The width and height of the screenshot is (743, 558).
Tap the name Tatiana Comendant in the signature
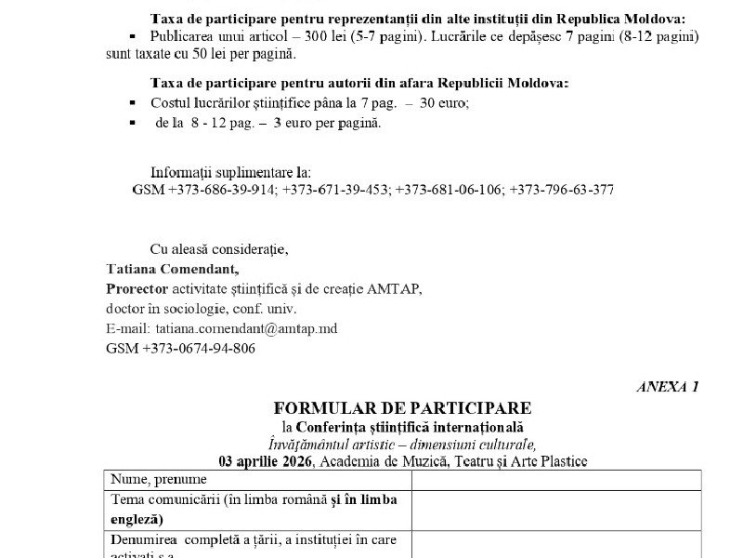[178, 269]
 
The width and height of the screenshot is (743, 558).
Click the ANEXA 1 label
[668, 387]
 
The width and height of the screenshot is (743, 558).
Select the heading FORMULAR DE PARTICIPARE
[402, 408]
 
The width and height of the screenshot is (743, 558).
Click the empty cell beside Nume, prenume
[556, 480]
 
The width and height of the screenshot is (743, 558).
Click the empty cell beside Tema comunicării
[556, 510]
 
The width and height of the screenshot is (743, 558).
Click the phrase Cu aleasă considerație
[219, 248]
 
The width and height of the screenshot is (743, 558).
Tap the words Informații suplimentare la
[231, 172]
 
